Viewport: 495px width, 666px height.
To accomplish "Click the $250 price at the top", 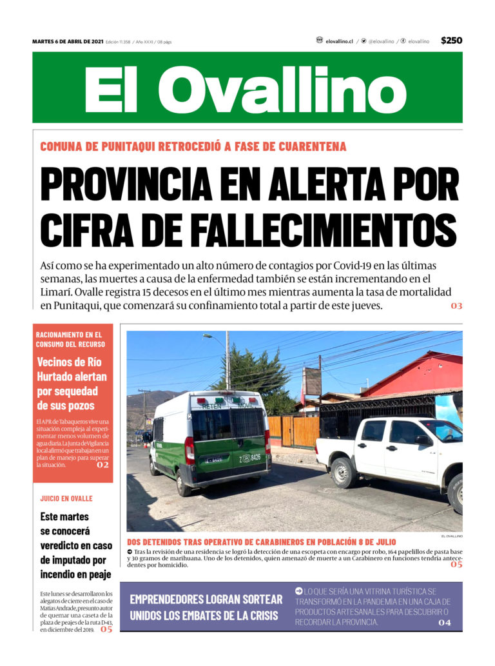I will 451,41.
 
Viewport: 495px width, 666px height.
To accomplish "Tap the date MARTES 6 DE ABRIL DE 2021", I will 68,42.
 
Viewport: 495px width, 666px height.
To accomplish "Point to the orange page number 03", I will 456,306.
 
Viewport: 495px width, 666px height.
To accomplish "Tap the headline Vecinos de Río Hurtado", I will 72,384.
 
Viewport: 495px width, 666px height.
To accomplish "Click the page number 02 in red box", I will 102,464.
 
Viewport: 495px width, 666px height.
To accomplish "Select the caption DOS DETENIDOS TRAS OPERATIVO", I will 261,542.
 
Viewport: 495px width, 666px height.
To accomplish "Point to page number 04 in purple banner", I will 445,623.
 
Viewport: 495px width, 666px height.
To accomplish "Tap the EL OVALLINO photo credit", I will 452,536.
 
